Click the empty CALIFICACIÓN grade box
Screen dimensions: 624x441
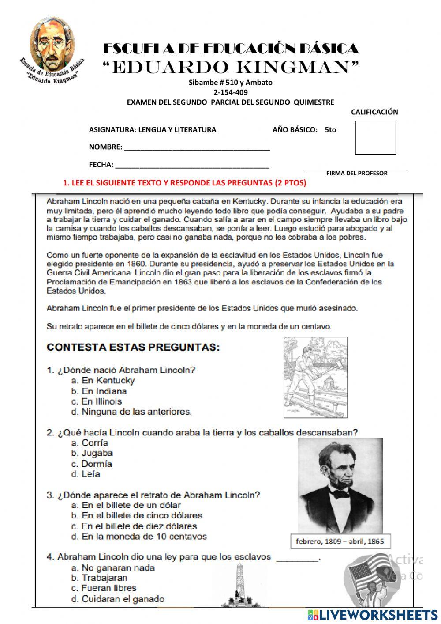(375, 138)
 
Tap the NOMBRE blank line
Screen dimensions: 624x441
(197, 147)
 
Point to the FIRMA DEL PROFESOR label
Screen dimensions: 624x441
(357, 174)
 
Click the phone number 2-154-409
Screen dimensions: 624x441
(230, 92)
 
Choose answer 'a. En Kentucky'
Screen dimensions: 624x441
(103, 381)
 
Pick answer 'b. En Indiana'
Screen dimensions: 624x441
(99, 391)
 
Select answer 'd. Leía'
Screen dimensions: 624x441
(86, 474)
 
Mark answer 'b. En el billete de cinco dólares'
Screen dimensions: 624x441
(136, 516)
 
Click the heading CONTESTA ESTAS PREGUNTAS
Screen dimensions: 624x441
(133, 347)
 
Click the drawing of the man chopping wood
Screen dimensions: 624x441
(315, 377)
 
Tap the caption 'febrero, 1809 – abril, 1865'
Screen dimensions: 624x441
(340, 541)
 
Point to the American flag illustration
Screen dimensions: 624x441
(365, 574)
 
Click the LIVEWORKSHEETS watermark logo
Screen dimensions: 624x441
(373, 614)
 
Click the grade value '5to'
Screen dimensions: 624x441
(330, 130)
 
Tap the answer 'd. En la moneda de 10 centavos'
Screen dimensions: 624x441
(138, 537)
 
